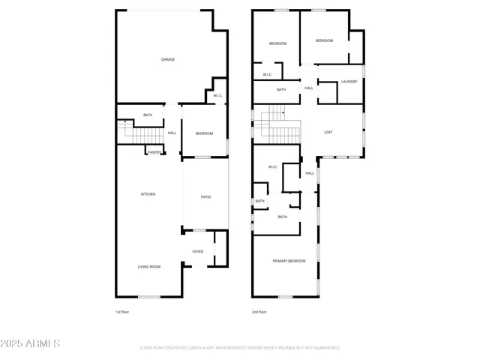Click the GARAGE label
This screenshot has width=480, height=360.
click(168, 59)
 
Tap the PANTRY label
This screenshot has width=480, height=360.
click(154, 152)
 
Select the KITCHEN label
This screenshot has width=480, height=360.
click(148, 194)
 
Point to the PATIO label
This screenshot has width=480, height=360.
click(205, 197)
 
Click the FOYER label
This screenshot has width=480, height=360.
click(198, 251)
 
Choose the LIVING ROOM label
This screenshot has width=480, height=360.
click(148, 266)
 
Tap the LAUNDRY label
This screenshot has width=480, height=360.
click(349, 81)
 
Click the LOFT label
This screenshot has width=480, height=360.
click(328, 132)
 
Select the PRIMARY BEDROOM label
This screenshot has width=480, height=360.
click(289, 260)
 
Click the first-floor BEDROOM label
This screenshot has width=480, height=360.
click(205, 133)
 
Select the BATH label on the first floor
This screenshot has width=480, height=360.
click(148, 115)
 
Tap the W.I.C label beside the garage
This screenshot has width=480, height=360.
click(217, 95)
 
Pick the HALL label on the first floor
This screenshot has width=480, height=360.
click(172, 133)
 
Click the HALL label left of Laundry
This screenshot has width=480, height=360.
click(309, 88)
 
